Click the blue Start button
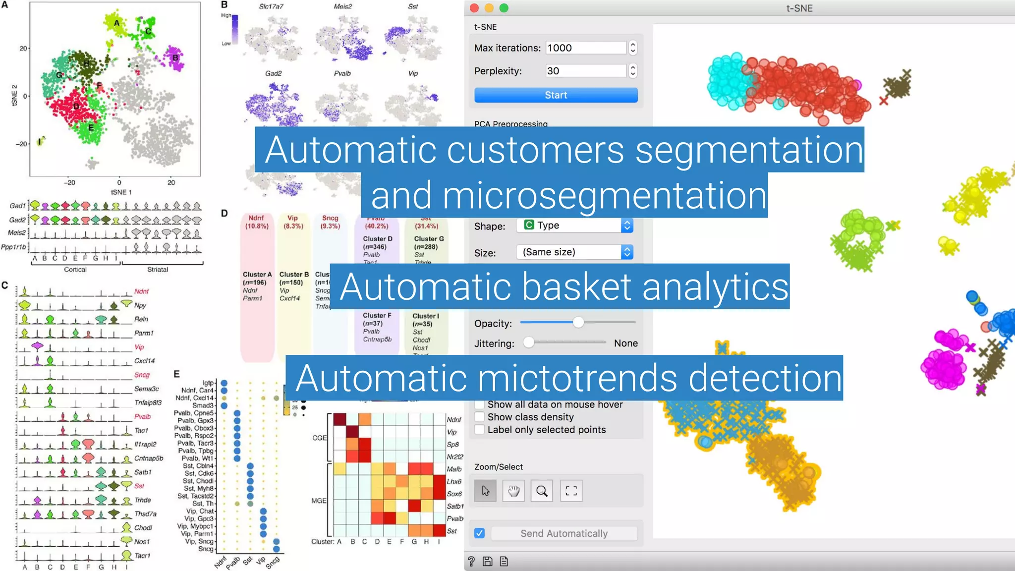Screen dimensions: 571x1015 click(556, 95)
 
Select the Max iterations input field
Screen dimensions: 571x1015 click(585, 48)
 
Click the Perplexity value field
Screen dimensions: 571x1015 click(585, 71)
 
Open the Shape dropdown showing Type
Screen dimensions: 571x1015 click(574, 226)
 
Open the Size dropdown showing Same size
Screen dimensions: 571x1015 click(574, 252)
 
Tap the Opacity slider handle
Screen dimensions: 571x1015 click(578, 323)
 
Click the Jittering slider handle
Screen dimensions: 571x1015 click(529, 343)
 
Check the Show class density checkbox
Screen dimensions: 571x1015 click(480, 417)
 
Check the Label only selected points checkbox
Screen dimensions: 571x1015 click(480, 430)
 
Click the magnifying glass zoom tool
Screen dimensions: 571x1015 click(542, 491)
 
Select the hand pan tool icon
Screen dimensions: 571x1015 click(513, 491)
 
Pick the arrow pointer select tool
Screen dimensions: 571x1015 click(485, 491)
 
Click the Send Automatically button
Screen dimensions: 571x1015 click(564, 533)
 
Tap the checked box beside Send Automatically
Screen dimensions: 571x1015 click(479, 533)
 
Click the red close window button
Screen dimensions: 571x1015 click(474, 8)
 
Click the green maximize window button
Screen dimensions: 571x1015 click(504, 8)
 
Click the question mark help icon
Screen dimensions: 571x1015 click(471, 561)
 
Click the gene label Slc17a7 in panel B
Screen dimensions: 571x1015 click(271, 6)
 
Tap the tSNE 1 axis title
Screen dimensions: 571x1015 click(121, 192)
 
